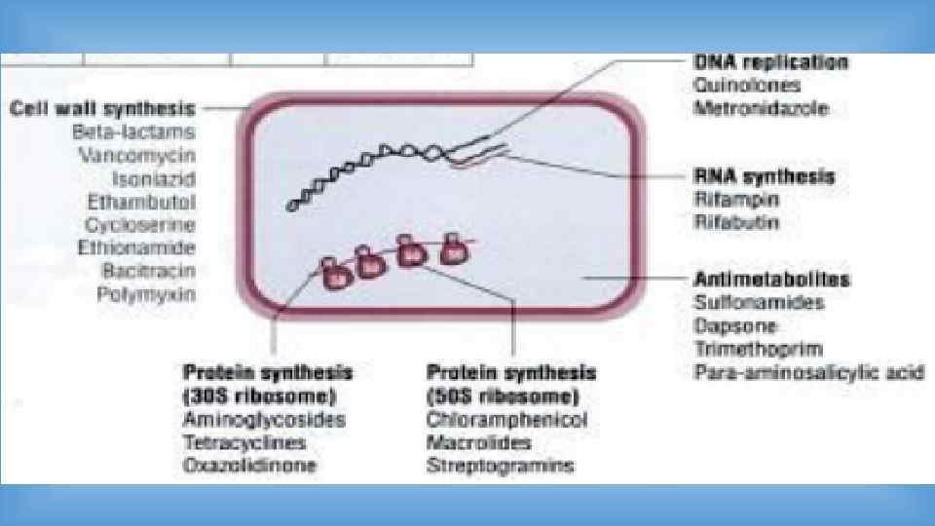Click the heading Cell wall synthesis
tap(102, 107)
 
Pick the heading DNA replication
tap(770, 62)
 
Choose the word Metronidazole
tap(761, 108)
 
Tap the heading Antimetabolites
tap(771, 280)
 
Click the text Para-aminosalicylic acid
tap(808, 372)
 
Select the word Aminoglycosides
tap(263, 420)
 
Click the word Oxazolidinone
tap(249, 466)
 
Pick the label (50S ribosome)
tap(503, 396)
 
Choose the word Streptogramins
tap(500, 466)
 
